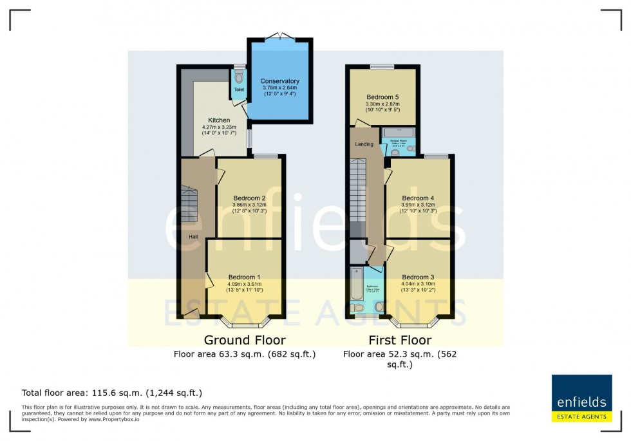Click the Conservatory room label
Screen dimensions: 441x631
(x=279, y=81)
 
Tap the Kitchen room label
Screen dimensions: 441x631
(x=219, y=120)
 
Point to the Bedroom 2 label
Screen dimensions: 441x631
(x=249, y=198)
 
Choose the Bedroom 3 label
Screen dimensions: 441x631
(x=418, y=277)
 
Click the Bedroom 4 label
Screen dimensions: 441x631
(x=418, y=198)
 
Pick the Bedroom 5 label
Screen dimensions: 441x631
(x=383, y=97)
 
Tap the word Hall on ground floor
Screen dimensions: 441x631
(x=193, y=237)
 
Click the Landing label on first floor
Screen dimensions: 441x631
(x=364, y=144)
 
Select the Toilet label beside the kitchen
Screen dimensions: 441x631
(x=239, y=89)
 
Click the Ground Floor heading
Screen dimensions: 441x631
(x=245, y=340)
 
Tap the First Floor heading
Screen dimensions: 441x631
(x=400, y=340)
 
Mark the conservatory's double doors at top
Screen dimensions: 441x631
(x=280, y=37)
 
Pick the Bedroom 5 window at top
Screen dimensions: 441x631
(x=382, y=66)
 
